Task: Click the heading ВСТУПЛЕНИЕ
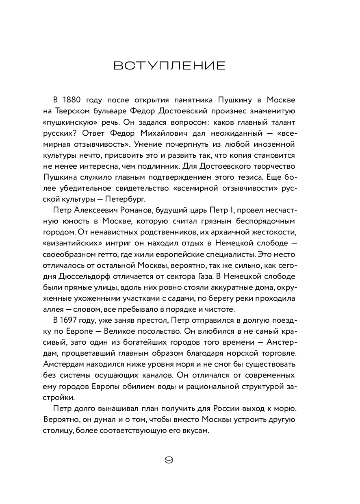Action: (x=169, y=66)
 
